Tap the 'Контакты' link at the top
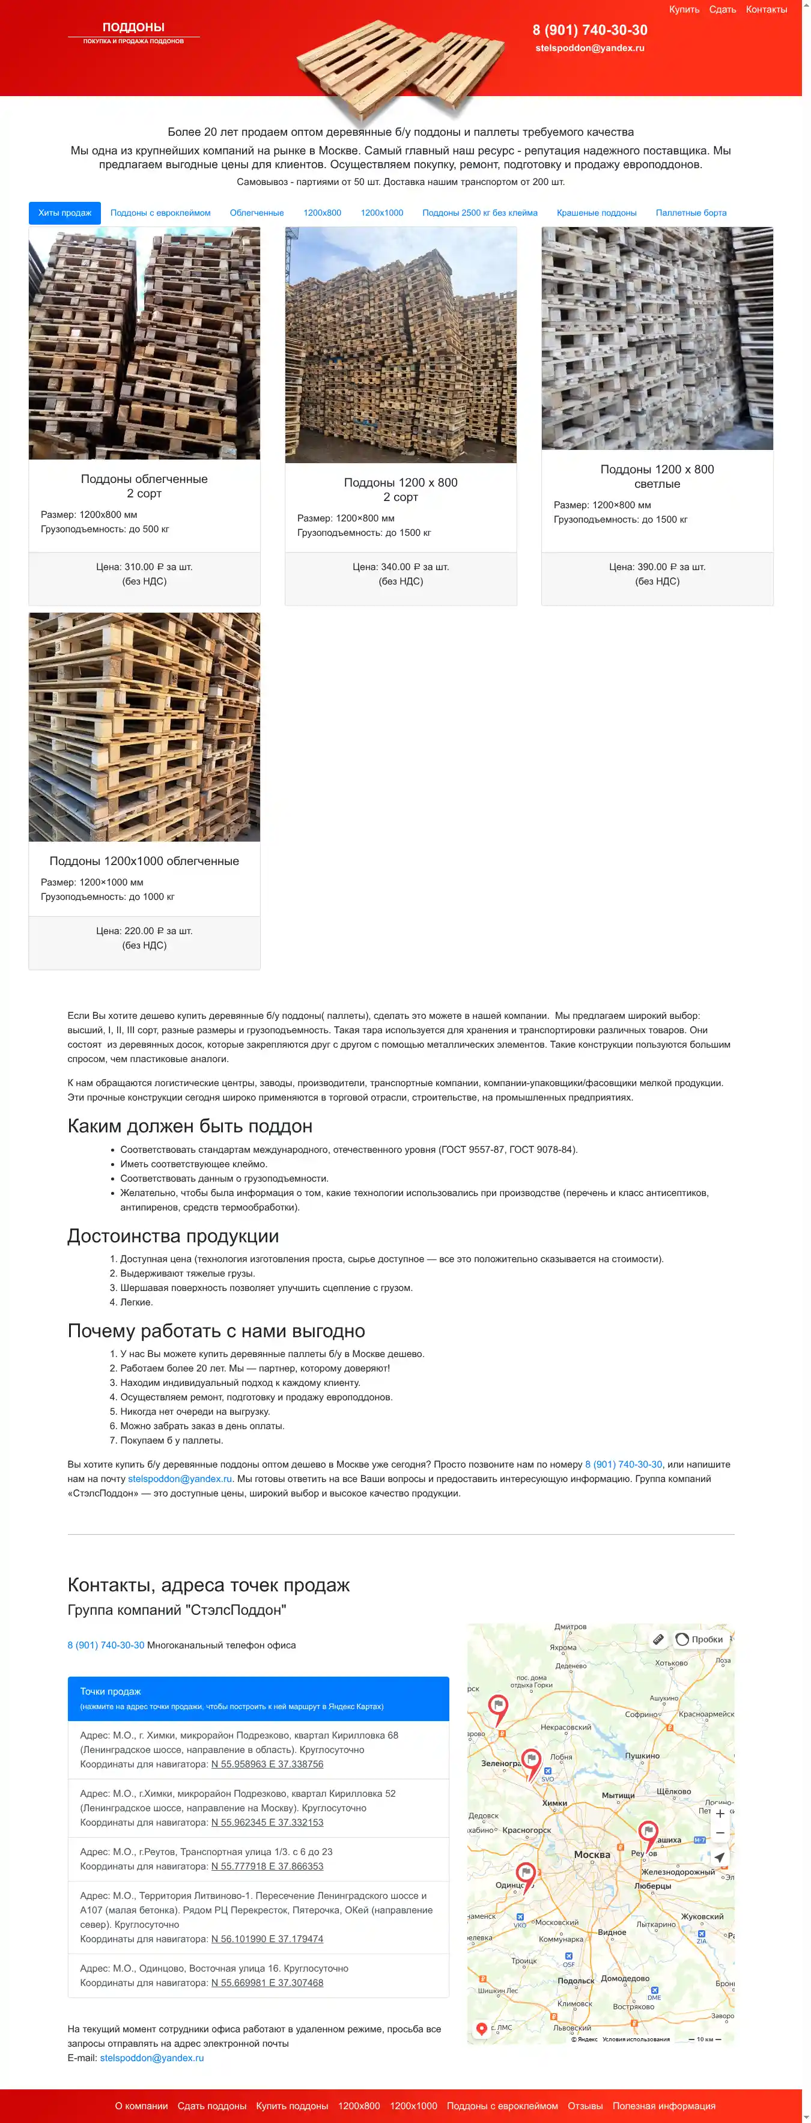(x=766, y=10)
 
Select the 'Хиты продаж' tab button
(x=64, y=213)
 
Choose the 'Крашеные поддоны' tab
(x=596, y=213)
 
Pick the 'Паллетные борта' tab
(x=691, y=213)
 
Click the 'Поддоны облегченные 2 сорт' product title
(x=144, y=485)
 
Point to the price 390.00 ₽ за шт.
(x=657, y=567)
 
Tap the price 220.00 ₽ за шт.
(x=144, y=931)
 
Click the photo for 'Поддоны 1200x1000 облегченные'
(x=144, y=726)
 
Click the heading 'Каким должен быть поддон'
(x=190, y=1126)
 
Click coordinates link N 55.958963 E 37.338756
(x=267, y=1764)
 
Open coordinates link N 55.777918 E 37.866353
(x=267, y=1866)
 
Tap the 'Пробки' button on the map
(x=700, y=1639)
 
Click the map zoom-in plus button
(x=720, y=1813)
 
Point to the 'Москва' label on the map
(x=592, y=1854)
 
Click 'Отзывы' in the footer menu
(x=585, y=2106)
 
